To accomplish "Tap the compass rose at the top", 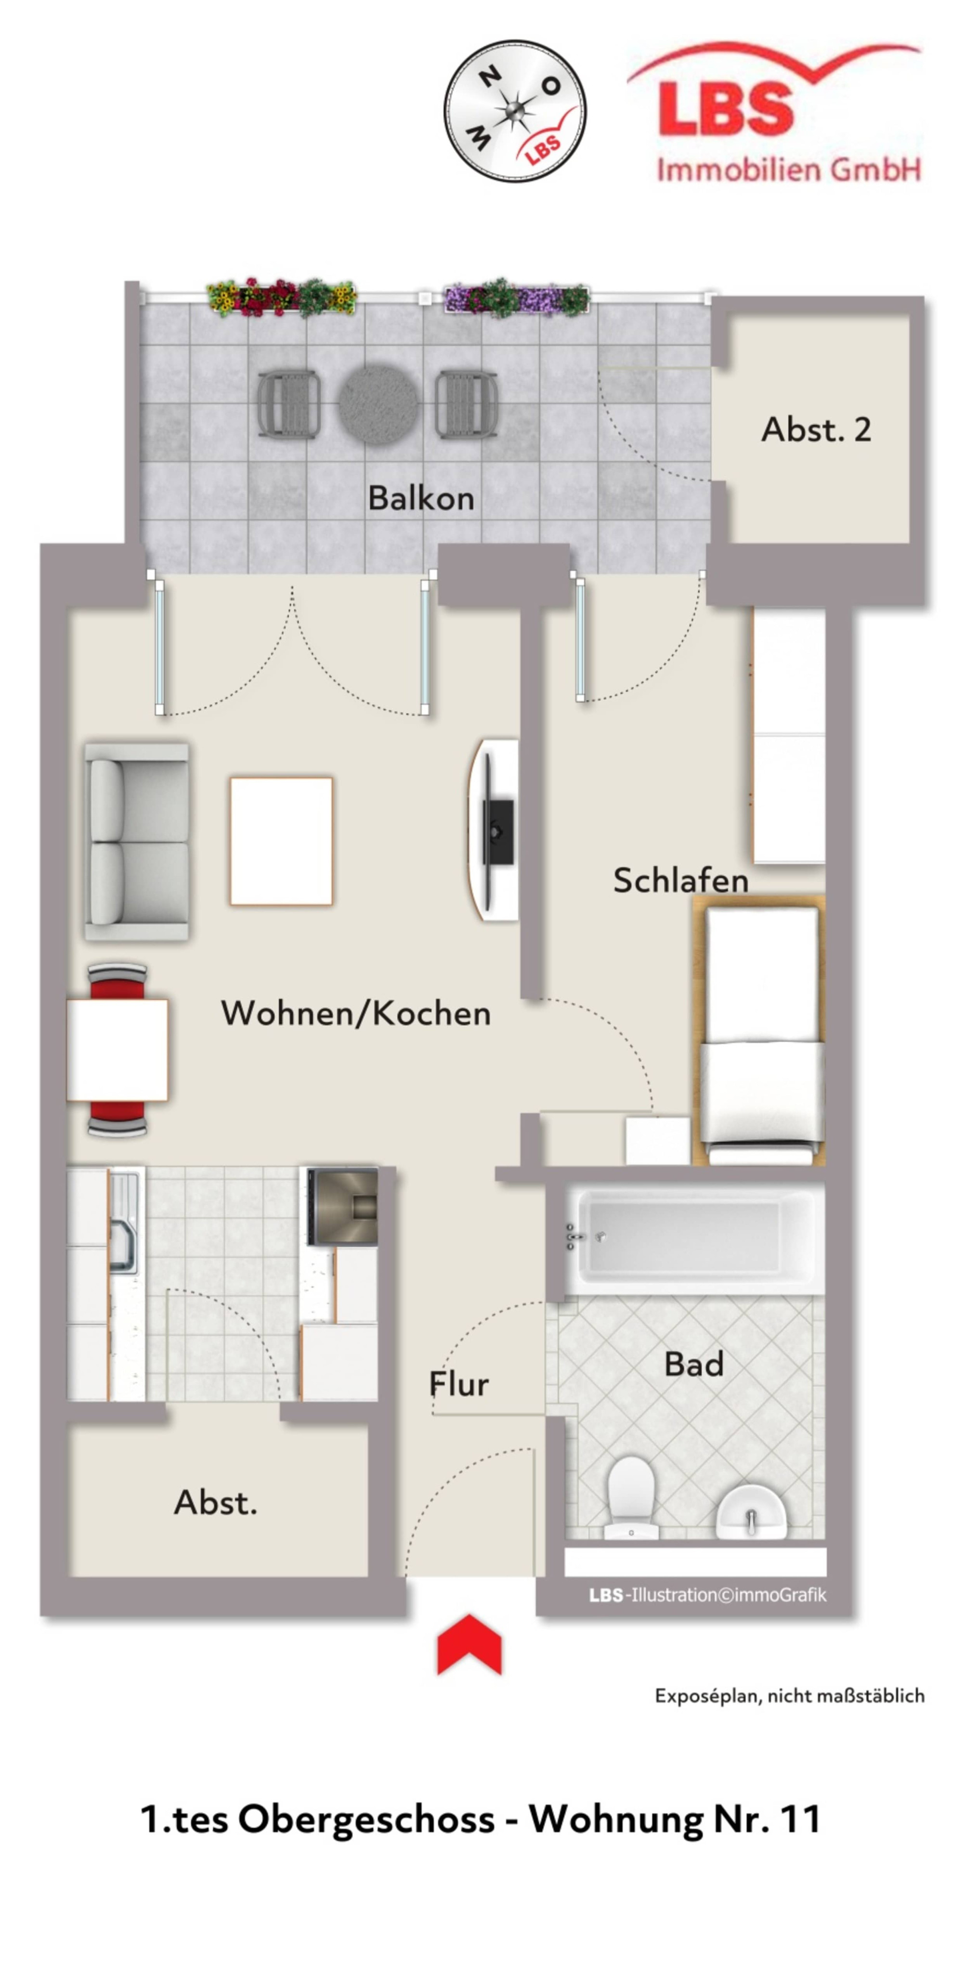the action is pyautogui.click(x=515, y=111).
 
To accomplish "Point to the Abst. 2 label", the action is pyautogui.click(x=817, y=429).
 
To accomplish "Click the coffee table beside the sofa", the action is pyautogui.click(x=281, y=841).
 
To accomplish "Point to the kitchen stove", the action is pyautogui.click(x=343, y=1206).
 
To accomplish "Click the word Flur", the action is pyautogui.click(x=459, y=1384).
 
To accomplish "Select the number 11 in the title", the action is pyautogui.click(x=799, y=1819).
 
